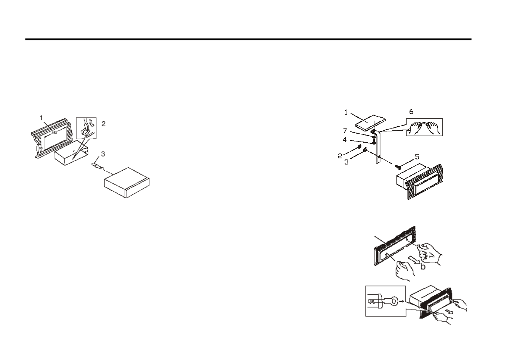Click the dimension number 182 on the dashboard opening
55,133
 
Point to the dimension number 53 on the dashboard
41,148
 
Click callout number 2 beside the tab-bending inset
104,124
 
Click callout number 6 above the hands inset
411,112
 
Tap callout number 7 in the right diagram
345,131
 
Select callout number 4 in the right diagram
345,140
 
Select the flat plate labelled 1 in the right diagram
370,122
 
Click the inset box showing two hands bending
424,127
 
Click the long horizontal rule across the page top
248,39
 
